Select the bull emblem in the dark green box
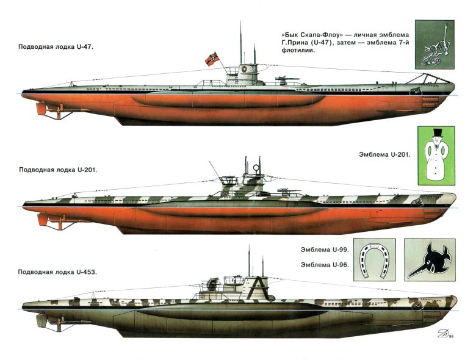tap(434, 44)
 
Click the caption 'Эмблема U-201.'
tap(383, 155)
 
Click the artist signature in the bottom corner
tap(441, 334)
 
